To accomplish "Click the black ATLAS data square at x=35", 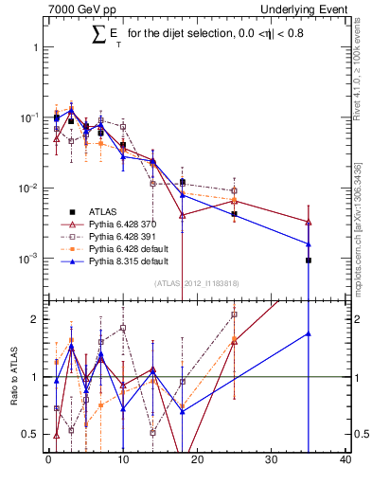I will [x=309, y=260].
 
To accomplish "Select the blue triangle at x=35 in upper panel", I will [x=309, y=243].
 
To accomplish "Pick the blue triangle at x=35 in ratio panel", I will [x=309, y=333].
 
